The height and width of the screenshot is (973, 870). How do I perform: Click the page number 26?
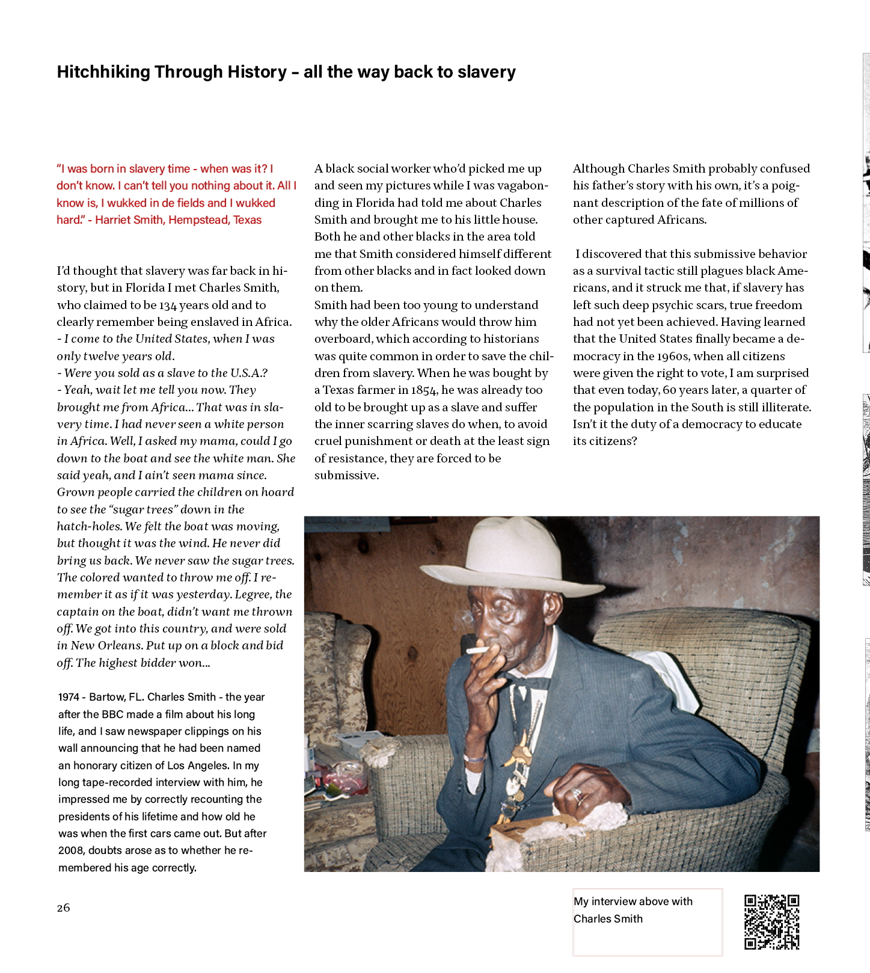coord(63,907)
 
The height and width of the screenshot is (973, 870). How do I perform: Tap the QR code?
coord(771,922)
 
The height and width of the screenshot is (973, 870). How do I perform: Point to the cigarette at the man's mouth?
coord(479,650)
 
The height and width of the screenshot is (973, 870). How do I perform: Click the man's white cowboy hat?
coord(511,556)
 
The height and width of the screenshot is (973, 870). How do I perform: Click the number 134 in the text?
coord(168,305)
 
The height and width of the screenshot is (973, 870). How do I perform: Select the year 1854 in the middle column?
coord(424,390)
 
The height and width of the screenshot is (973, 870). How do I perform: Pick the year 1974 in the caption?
coord(69,697)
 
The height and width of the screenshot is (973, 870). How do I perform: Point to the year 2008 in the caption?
coord(72,850)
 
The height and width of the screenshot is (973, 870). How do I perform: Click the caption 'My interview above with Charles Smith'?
coord(633,910)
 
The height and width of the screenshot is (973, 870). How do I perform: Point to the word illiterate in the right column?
coord(782,407)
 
